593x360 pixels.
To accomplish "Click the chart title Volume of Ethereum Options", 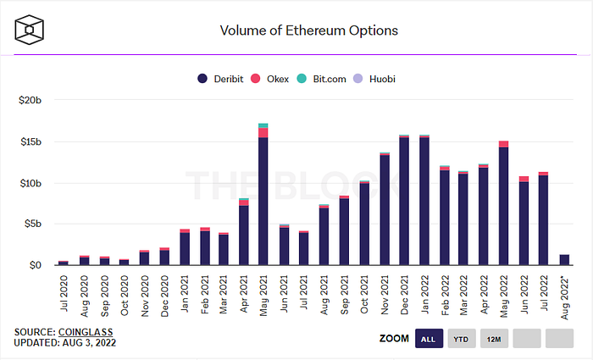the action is click(x=309, y=30).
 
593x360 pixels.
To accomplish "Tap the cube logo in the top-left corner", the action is click(x=29, y=30).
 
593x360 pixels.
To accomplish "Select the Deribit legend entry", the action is click(x=220, y=79).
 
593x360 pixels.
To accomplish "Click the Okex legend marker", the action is click(x=256, y=79).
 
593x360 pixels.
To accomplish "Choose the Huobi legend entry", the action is click(x=374, y=79).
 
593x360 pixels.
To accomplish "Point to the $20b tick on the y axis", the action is click(x=30, y=100).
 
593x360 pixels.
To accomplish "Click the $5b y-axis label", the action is click(x=32, y=224).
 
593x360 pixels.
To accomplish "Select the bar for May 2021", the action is click(x=263, y=194).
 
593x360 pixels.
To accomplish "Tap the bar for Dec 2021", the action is click(x=404, y=200).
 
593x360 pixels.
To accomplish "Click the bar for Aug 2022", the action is click(x=564, y=260).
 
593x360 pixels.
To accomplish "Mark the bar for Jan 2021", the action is click(x=185, y=247).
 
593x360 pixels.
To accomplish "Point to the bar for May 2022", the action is click(x=503, y=203).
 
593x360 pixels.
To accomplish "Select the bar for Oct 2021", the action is click(x=364, y=223).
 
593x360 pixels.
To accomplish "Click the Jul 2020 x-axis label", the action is click(x=64, y=293).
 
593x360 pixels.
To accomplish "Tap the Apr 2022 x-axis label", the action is click(x=484, y=294).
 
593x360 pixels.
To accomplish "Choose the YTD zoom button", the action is click(x=461, y=339).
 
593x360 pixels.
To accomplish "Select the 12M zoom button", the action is click(x=494, y=339).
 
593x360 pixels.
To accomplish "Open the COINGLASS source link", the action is click(x=86, y=332).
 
